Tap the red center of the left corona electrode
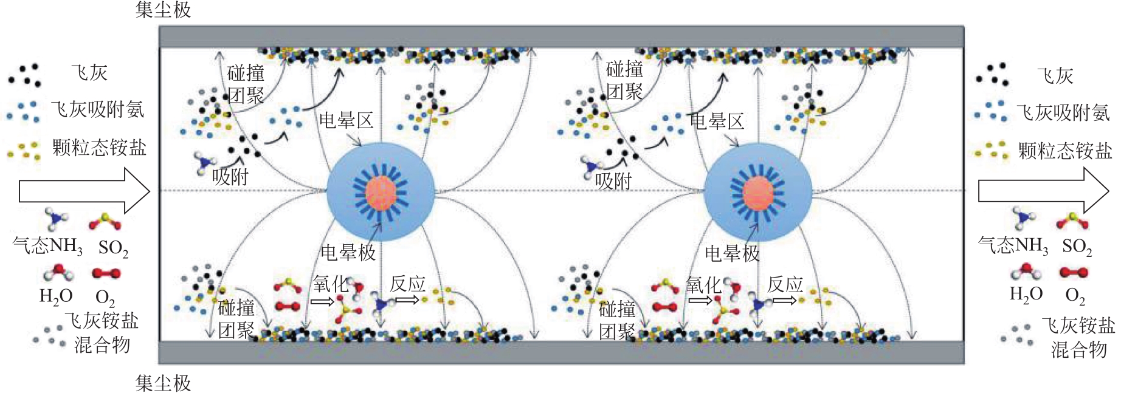coord(381,193)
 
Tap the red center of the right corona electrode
coord(758,194)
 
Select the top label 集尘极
coord(163,10)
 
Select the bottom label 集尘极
coord(163,383)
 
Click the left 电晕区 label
coord(346,120)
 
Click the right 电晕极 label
coord(732,253)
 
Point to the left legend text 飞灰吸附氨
coord(98,110)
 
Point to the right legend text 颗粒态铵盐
coord(1065,151)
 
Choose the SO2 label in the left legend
coord(113,248)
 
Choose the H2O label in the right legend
coord(1026,295)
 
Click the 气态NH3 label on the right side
coord(1013,245)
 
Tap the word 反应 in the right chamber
coord(785,284)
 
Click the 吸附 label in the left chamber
coord(230,177)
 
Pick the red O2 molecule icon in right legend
coord(1074,272)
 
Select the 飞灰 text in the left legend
coord(89,73)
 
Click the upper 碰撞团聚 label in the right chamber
coord(624,81)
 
